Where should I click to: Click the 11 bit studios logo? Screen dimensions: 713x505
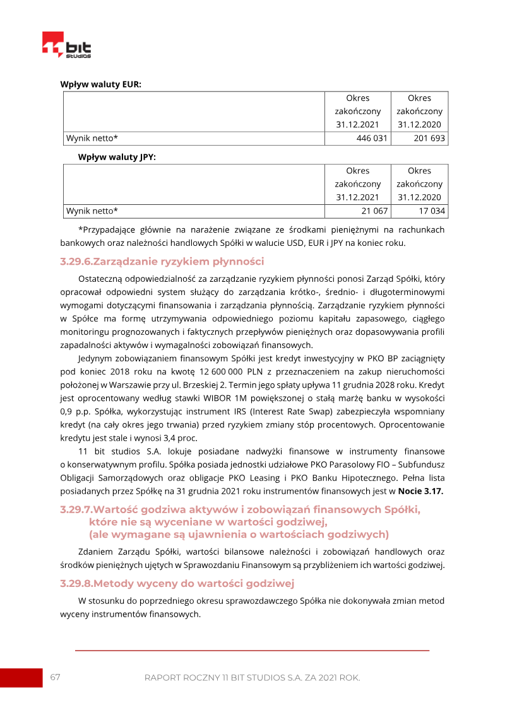coord(66,45)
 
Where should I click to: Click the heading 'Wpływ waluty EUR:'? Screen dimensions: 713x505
coord(100,84)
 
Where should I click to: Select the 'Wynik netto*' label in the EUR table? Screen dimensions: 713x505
coord(92,138)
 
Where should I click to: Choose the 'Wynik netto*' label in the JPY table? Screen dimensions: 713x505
coord(92,211)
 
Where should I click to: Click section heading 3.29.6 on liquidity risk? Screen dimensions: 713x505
coord(162,262)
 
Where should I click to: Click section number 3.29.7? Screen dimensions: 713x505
coord(76,509)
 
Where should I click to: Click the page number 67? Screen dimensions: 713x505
coord(56,677)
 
